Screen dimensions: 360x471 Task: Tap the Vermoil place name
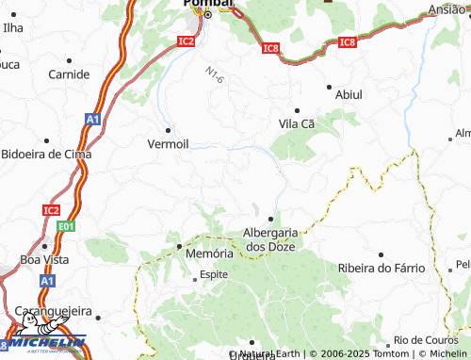169,144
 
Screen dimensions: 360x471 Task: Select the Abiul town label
349,94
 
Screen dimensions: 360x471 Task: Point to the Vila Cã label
297,123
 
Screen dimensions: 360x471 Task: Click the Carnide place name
69,74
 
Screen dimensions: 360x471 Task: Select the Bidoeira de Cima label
44,154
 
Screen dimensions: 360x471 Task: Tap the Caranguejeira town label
53,310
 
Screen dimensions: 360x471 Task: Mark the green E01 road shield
65,227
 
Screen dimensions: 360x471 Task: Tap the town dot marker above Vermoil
169,129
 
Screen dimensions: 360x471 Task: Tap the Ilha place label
12,28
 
